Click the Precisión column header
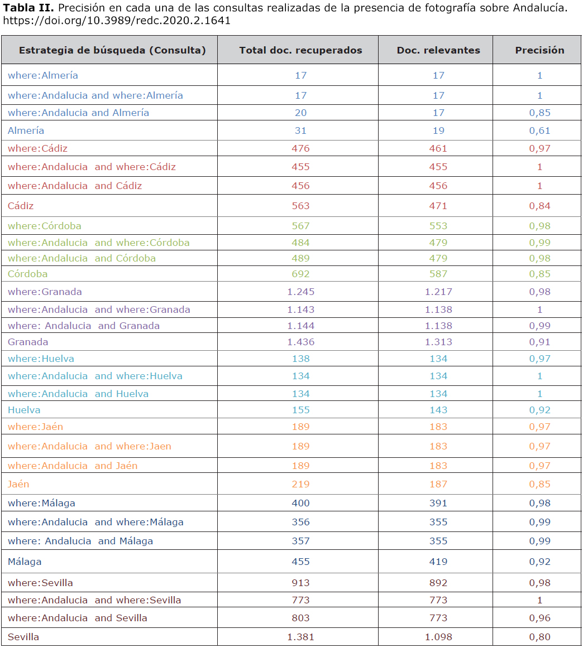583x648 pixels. [x=539, y=50]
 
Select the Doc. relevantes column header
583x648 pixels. [x=438, y=50]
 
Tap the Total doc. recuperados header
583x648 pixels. [x=300, y=50]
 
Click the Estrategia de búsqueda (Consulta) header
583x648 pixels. [x=112, y=50]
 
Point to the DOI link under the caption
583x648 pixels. [x=117, y=20]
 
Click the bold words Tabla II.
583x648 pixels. [x=28, y=7]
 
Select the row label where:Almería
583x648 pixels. [x=42, y=75]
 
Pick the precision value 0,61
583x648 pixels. [x=539, y=130]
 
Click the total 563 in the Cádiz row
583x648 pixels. [x=300, y=206]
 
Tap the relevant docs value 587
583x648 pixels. [x=438, y=274]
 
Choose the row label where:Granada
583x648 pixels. [x=45, y=292]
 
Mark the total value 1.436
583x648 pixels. [x=300, y=342]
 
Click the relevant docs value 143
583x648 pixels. [x=438, y=410]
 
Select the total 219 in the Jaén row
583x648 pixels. [x=300, y=484]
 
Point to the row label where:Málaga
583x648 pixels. [x=41, y=503]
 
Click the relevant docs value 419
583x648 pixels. [x=438, y=562]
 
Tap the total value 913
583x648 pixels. [x=300, y=583]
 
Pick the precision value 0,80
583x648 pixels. [x=539, y=637]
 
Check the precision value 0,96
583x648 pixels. [x=539, y=618]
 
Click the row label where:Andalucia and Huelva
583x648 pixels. [x=78, y=394]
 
